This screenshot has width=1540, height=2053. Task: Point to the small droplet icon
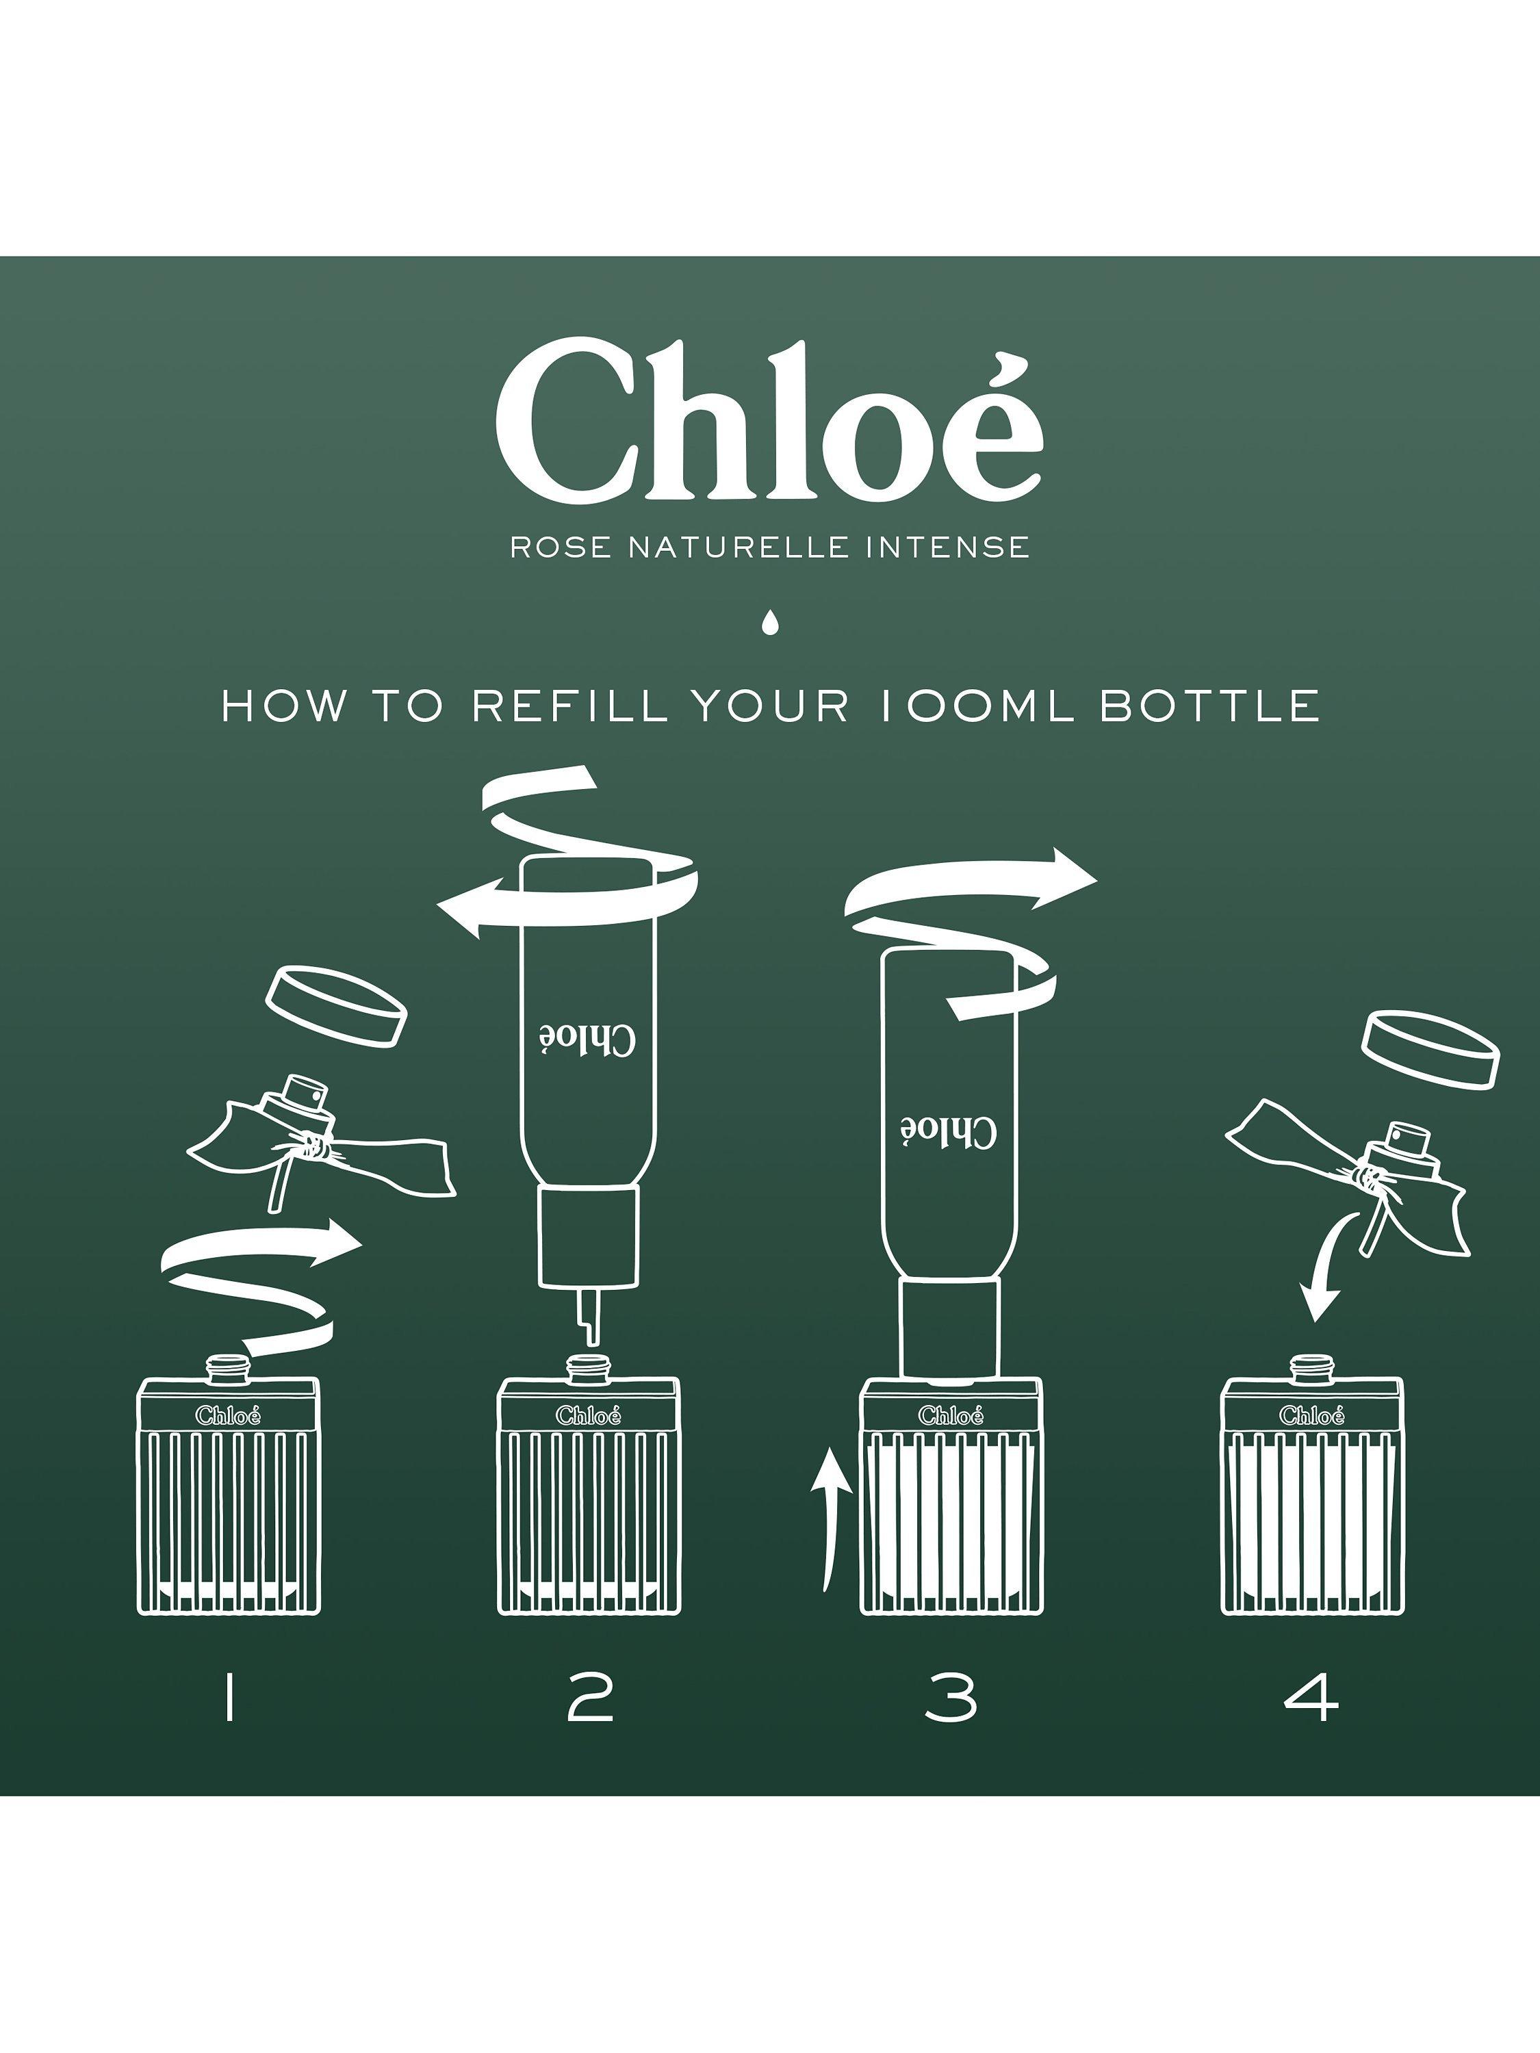(x=769, y=623)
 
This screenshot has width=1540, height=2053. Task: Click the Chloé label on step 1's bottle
(x=229, y=1415)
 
